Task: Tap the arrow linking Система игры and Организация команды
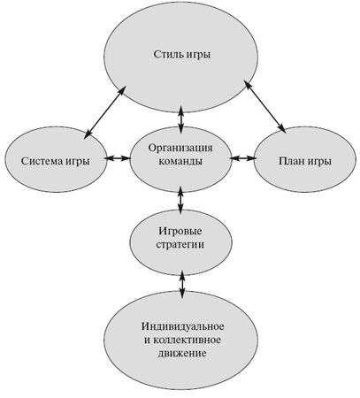pyautogui.click(x=116, y=159)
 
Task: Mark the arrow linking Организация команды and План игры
pyautogui.click(x=242, y=159)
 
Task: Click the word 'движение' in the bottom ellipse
pyautogui.click(x=181, y=354)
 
